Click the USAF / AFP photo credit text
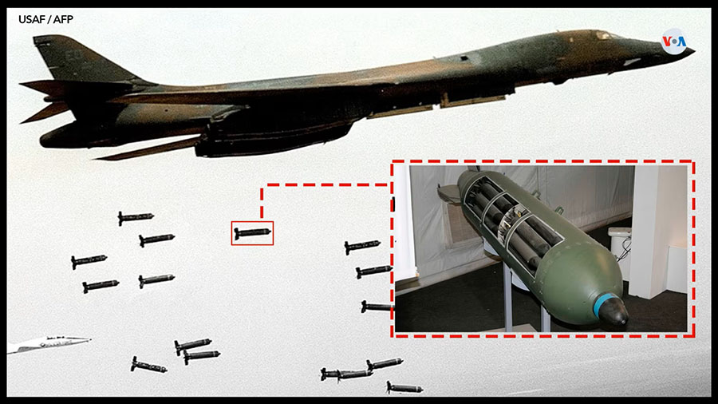pos(45,19)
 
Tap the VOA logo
pos(674,42)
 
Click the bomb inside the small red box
pos(252,232)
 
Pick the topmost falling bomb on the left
pos(136,217)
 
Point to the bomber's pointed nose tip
pos(691,51)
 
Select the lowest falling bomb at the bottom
pos(404,388)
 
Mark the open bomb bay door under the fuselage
pos(471,99)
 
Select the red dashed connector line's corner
pos(262,185)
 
